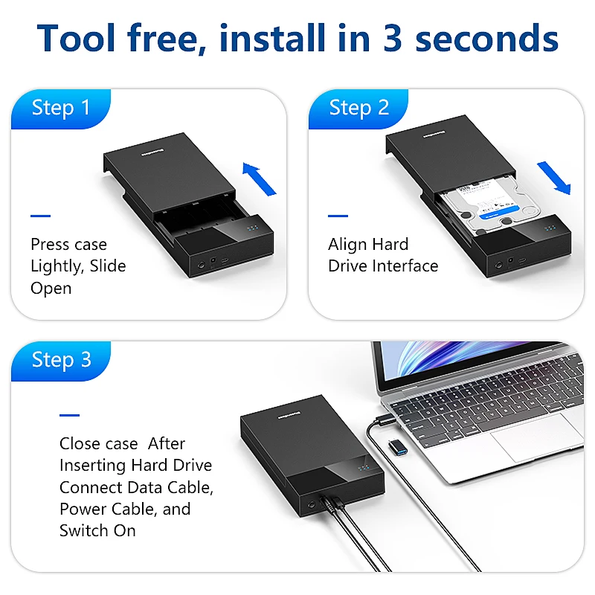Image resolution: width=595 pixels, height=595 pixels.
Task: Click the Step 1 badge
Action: (x=61, y=109)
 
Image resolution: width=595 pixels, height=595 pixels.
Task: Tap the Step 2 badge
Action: (x=358, y=109)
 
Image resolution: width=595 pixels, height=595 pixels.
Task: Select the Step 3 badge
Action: (x=61, y=361)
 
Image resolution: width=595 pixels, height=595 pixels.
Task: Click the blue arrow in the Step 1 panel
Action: (x=259, y=179)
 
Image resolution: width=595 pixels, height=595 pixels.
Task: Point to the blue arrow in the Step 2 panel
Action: (x=554, y=178)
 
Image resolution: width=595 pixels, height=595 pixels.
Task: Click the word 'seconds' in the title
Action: (x=487, y=39)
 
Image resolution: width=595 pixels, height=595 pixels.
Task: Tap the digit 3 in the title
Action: (x=393, y=38)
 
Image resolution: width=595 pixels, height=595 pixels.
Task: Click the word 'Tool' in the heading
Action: (x=76, y=38)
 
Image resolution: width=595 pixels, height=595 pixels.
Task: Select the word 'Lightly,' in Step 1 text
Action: (x=57, y=266)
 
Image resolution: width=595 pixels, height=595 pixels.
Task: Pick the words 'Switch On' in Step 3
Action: (x=97, y=530)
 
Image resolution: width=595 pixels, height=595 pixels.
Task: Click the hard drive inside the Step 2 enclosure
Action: (x=489, y=207)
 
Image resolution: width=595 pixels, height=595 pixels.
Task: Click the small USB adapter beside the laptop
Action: (x=398, y=448)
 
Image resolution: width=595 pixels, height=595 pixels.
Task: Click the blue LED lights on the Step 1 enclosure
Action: (x=253, y=228)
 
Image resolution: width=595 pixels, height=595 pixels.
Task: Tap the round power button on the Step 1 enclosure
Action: (x=201, y=265)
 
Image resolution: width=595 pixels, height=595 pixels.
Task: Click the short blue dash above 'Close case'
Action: (x=69, y=415)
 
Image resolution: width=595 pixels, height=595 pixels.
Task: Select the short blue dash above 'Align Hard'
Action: (x=338, y=216)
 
